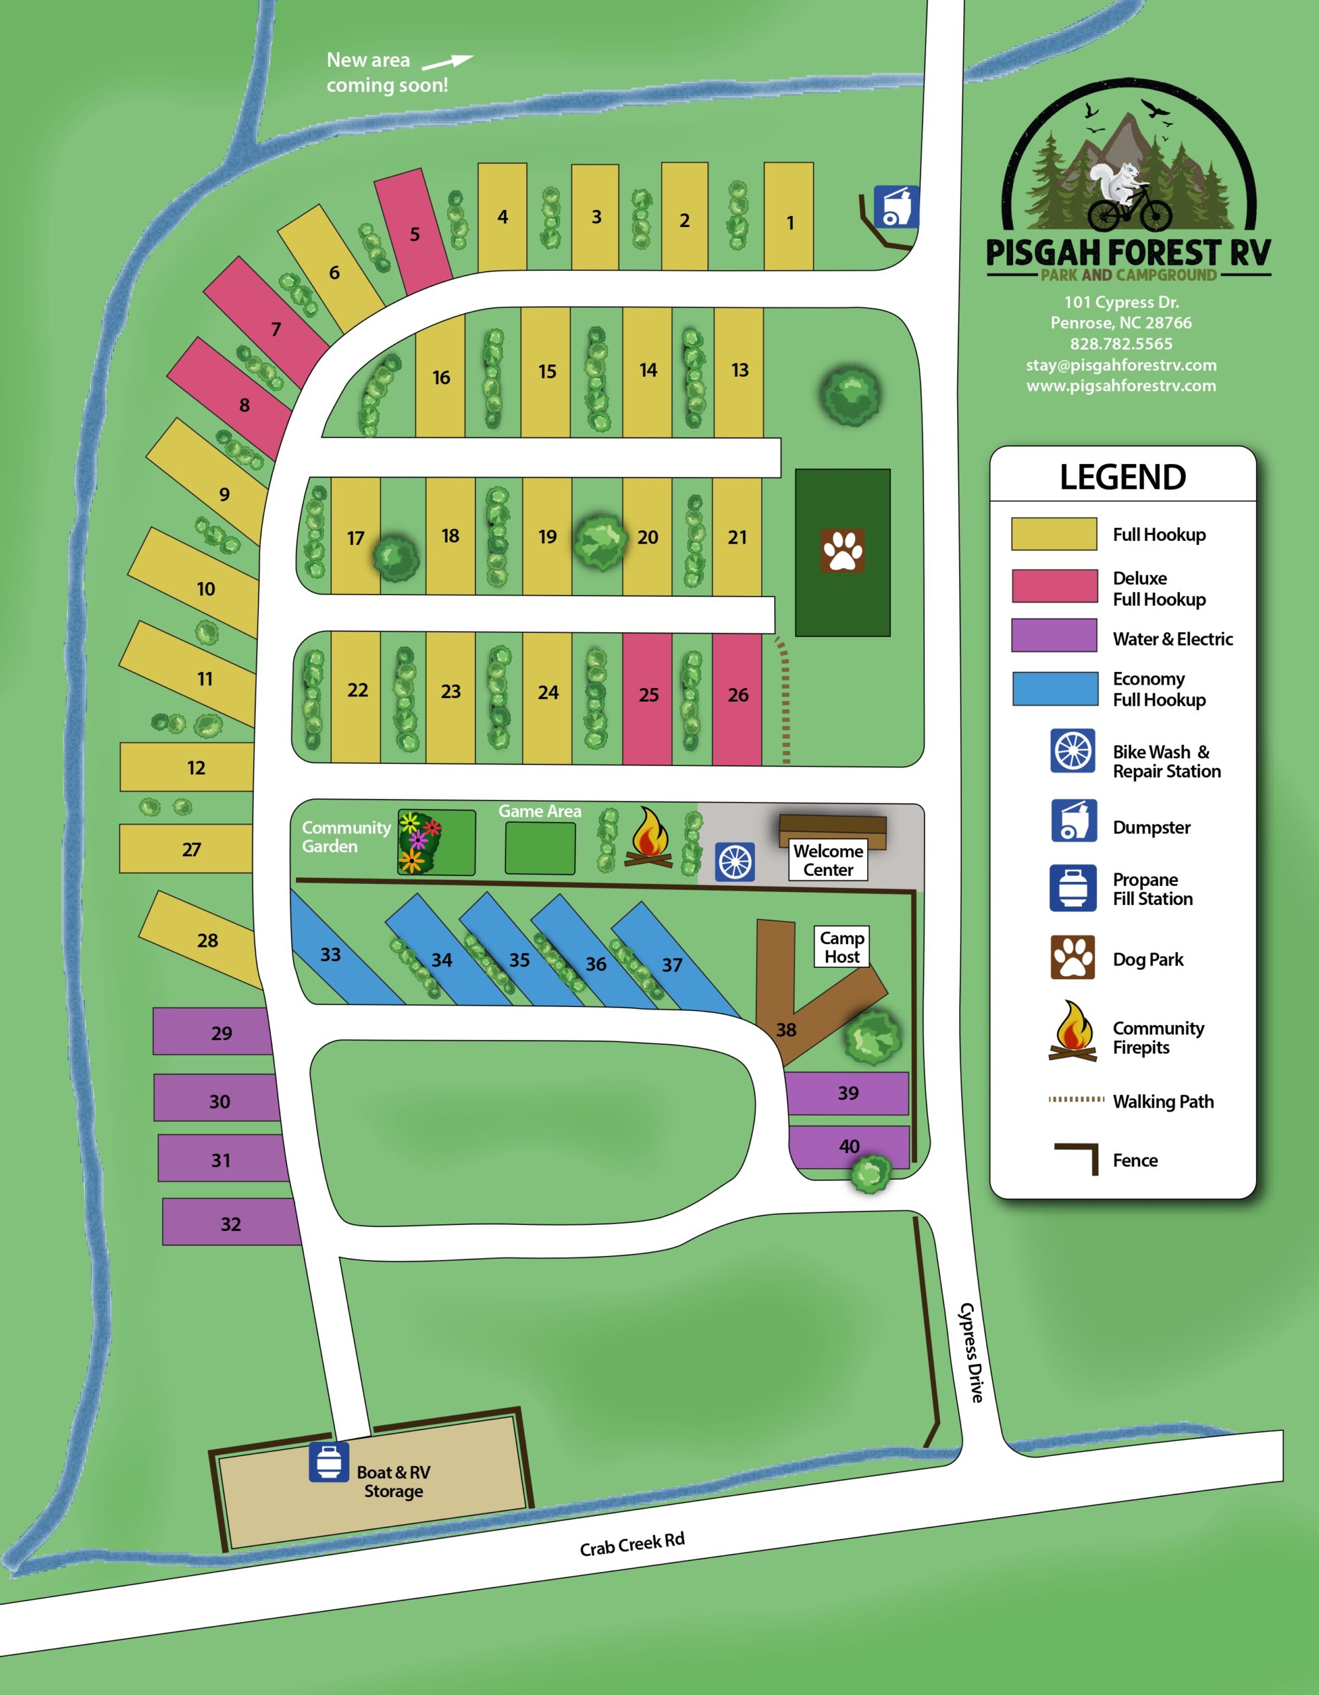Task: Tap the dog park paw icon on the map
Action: [x=842, y=551]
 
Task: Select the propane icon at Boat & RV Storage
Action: [x=329, y=1461]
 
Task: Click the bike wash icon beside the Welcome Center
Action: [x=735, y=861]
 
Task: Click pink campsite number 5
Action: [x=414, y=233]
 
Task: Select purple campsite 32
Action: [x=231, y=1224]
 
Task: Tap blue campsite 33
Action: [x=331, y=954]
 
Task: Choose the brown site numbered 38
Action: [x=786, y=1029]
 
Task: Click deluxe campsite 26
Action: [x=737, y=695]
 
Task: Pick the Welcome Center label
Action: [x=828, y=860]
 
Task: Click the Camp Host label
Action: [x=841, y=947]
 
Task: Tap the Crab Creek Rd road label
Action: [x=632, y=1545]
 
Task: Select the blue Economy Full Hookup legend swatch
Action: [x=1054, y=689]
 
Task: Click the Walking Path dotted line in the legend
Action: [x=1076, y=1099]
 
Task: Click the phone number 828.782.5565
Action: [x=1121, y=344]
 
